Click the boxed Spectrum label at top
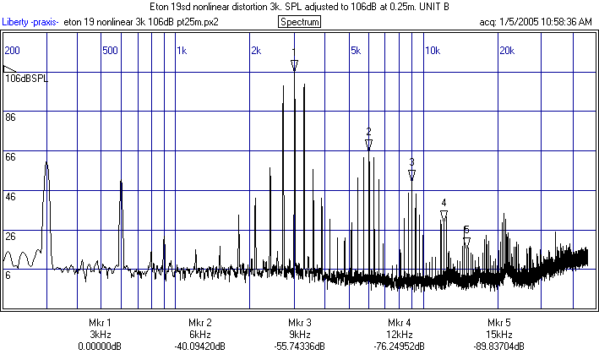click(299, 22)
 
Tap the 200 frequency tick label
click(13, 51)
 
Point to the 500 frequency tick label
click(109, 51)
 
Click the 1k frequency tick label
click(182, 51)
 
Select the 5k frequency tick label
click(355, 51)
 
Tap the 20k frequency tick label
click(506, 51)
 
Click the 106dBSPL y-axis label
click(28, 79)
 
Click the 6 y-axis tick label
click(8, 275)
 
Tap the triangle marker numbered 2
click(368, 145)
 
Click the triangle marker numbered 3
click(411, 175)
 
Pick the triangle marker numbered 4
click(444, 215)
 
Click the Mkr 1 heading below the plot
click(100, 323)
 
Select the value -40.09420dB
click(199, 346)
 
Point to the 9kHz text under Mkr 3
click(300, 335)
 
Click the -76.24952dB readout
click(400, 346)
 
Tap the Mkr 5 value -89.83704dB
click(499, 346)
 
